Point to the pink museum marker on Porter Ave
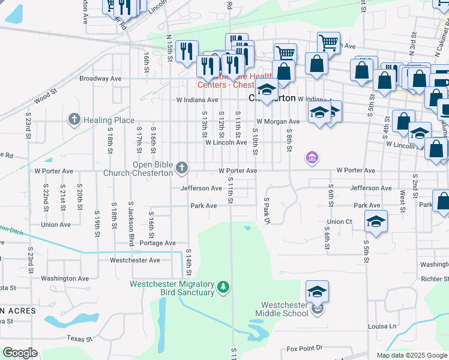pyautogui.click(x=311, y=158)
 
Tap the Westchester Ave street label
pyautogui.click(x=134, y=260)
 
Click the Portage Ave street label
pyautogui.click(x=157, y=243)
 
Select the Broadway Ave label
pyautogui.click(x=101, y=79)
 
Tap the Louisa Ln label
pyautogui.click(x=382, y=326)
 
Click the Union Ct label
pyautogui.click(x=340, y=222)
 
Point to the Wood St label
pyautogui.click(x=45, y=97)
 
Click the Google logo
pyautogui.click(x=20, y=353)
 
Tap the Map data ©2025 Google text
pyautogui.click(x=411, y=355)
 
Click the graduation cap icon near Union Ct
pyautogui.click(x=375, y=221)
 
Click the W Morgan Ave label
pyautogui.click(x=278, y=122)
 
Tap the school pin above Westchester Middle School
pyautogui.click(x=317, y=292)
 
